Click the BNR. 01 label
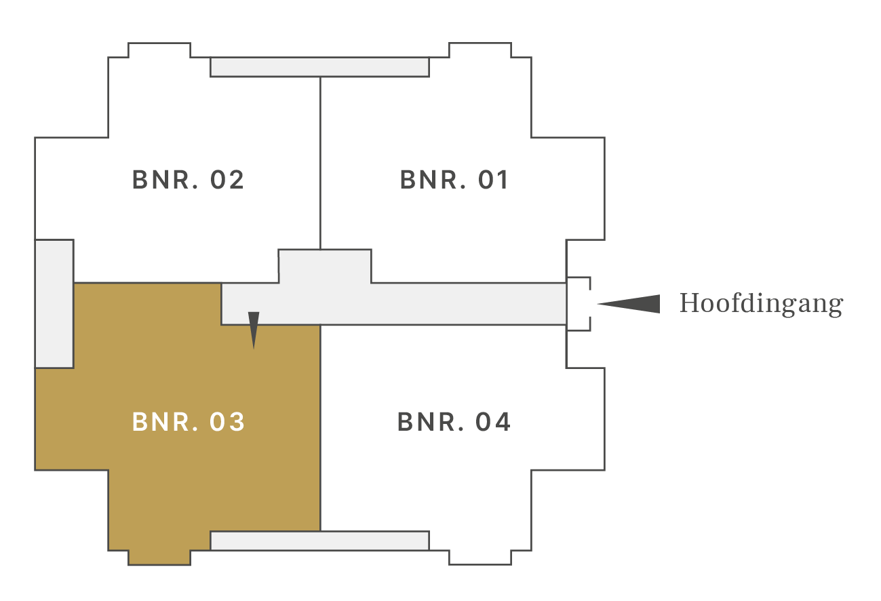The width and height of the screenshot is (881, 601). click(454, 180)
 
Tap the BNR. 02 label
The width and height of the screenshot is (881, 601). click(188, 180)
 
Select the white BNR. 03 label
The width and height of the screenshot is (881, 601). click(189, 422)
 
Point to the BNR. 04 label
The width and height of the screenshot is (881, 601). click(454, 422)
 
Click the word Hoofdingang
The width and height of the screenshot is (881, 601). click(762, 304)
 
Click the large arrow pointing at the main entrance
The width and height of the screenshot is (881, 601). click(629, 304)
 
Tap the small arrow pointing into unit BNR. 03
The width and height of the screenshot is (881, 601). click(254, 330)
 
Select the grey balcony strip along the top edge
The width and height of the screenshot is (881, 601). click(319, 67)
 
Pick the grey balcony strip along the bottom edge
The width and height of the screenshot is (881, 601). click(319, 541)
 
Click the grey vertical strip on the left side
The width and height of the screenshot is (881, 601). click(54, 304)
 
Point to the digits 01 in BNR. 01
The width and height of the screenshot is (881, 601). click(493, 180)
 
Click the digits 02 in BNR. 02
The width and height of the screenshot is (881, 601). click(227, 180)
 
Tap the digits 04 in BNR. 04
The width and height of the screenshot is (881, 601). click(493, 422)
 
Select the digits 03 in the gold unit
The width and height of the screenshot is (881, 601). click(227, 422)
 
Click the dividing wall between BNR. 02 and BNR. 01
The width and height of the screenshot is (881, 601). click(321, 163)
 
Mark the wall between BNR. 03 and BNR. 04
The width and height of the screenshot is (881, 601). click(321, 428)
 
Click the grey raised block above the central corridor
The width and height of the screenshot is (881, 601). click(325, 266)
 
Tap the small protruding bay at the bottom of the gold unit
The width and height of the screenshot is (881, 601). click(159, 558)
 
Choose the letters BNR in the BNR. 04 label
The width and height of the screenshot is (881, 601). click(432, 422)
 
